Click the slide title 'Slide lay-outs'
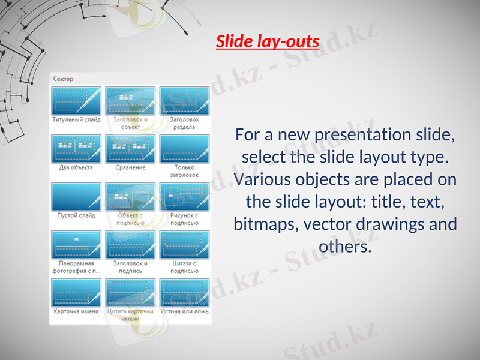pos(268,43)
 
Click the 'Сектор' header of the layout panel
pos(64,79)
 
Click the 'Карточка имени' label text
pos(76,311)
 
